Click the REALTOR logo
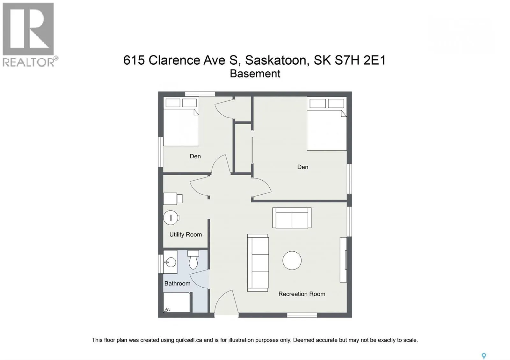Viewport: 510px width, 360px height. coord(30,35)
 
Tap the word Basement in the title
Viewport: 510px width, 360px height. coord(255,74)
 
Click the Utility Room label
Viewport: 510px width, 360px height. coord(186,234)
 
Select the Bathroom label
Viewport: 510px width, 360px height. coord(177,283)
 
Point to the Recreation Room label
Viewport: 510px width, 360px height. coord(302,294)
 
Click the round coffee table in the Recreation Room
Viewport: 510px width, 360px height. coord(292,260)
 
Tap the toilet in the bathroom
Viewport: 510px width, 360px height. coord(193,260)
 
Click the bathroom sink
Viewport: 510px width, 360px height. coord(170,262)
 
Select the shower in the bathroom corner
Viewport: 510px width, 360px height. coord(177,302)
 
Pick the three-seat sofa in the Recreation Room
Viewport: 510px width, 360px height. coord(258,263)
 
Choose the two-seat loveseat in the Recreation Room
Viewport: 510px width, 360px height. coord(292,218)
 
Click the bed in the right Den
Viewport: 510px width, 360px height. coord(327,124)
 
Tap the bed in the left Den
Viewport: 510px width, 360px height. coord(181,121)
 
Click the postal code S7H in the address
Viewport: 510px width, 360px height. coord(347,60)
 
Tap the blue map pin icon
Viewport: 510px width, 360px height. coord(484,349)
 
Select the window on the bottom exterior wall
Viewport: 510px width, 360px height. coord(302,315)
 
